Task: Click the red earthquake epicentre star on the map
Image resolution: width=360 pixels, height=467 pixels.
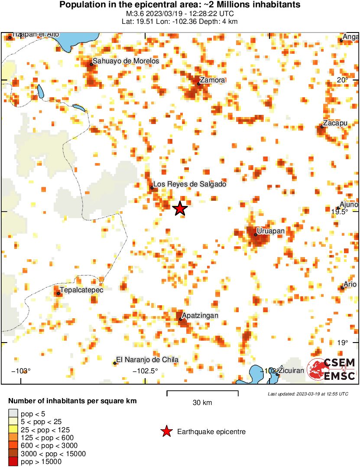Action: pos(180,209)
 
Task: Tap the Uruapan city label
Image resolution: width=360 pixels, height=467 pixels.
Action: pos(271,231)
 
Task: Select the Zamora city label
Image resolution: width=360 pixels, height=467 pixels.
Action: pos(212,80)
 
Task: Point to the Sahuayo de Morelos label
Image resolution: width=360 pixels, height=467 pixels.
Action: pos(126,61)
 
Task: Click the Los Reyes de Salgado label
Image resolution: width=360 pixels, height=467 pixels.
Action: pos(190,184)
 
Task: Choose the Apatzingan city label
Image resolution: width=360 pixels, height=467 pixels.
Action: pos(200,316)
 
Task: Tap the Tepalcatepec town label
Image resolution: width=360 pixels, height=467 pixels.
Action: pos(82,290)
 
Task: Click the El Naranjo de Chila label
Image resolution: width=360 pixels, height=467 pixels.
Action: pos(148,359)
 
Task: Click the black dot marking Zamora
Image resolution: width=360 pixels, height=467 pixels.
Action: pos(199,84)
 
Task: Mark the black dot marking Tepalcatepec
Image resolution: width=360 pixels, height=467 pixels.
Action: pos(58,294)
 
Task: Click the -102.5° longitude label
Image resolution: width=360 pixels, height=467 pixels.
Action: pos(145,371)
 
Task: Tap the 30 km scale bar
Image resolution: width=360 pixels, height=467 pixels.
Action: pos(202,393)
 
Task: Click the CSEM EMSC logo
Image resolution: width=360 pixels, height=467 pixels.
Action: pos(331,369)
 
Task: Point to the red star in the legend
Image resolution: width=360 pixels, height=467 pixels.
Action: pos(166,431)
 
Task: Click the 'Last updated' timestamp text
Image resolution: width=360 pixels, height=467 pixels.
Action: pos(308,394)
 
